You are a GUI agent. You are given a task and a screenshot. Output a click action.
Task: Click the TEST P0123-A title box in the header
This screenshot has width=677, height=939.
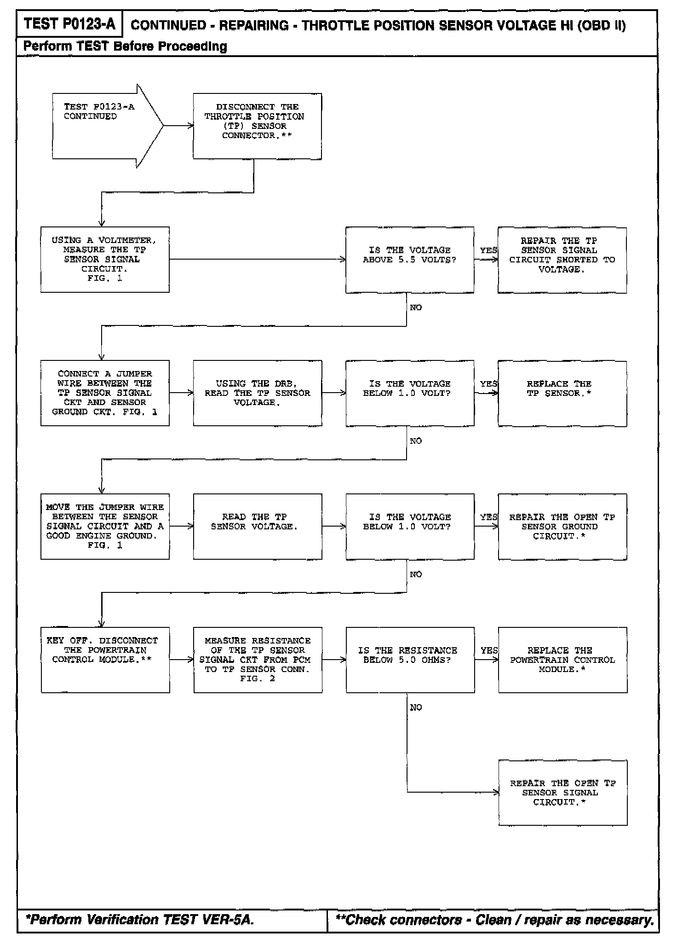pos(69,24)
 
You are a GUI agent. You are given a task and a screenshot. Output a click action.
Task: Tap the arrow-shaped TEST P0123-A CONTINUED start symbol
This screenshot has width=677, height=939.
pos(103,126)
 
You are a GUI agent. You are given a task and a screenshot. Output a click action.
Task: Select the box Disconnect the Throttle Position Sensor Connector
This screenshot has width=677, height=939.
pos(257,126)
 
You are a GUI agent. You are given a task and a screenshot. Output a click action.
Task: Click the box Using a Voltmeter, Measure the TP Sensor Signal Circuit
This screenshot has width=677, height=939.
pos(105,259)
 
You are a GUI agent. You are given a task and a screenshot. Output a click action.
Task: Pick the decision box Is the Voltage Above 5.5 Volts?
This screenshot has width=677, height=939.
pos(409,260)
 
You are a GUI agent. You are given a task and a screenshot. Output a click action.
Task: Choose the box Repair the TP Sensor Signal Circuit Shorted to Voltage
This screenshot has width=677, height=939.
pos(562,260)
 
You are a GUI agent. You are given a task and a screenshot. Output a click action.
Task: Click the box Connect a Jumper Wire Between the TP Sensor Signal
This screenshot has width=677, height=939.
pos(105,393)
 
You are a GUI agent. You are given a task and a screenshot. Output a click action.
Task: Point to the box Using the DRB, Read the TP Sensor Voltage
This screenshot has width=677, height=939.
pos(257,393)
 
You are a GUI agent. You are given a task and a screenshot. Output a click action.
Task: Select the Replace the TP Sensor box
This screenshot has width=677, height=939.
pos(562,393)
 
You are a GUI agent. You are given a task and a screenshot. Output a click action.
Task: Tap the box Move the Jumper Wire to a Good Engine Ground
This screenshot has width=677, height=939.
pos(105,526)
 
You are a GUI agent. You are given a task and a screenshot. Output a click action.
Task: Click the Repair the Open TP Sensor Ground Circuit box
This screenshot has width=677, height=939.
pos(562,527)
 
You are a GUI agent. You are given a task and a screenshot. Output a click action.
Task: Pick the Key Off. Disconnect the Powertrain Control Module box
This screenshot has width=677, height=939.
pos(105,660)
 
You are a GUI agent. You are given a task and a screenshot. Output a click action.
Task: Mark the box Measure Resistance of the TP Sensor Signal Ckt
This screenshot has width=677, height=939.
pos(258,660)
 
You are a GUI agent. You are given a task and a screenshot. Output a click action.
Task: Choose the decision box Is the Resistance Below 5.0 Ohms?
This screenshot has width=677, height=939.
pos(410,660)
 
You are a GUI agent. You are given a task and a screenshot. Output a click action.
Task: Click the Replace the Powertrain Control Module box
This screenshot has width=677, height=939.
pos(562,660)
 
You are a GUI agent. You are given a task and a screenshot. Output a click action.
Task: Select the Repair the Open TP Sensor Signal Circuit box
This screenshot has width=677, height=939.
pos(562,793)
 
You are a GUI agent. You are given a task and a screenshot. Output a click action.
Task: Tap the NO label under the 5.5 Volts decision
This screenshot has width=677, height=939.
pos(416,307)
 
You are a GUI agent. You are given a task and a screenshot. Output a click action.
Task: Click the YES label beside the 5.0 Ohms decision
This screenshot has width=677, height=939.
pos(489,650)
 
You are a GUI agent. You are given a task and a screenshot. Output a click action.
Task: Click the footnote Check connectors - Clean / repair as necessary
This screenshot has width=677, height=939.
pos(495,920)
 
